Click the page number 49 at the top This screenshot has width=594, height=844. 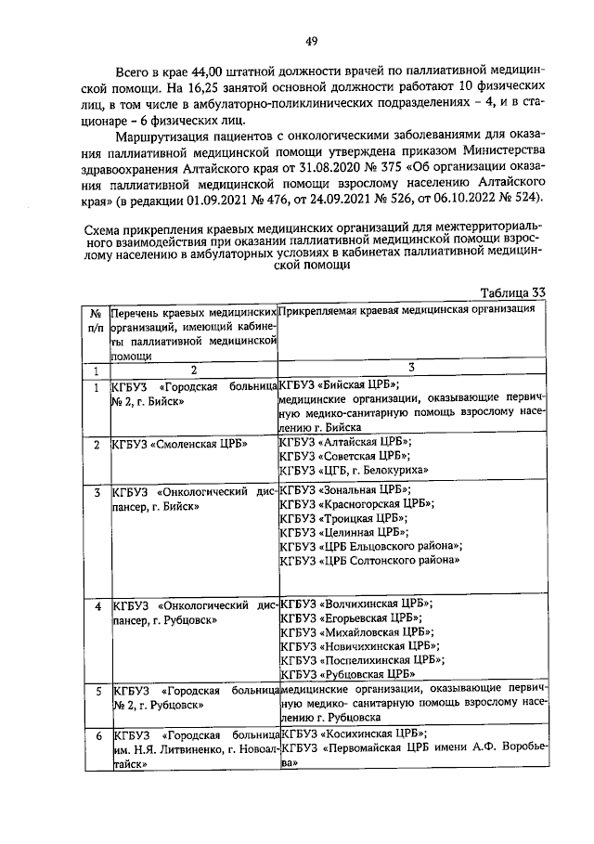click(x=312, y=40)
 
